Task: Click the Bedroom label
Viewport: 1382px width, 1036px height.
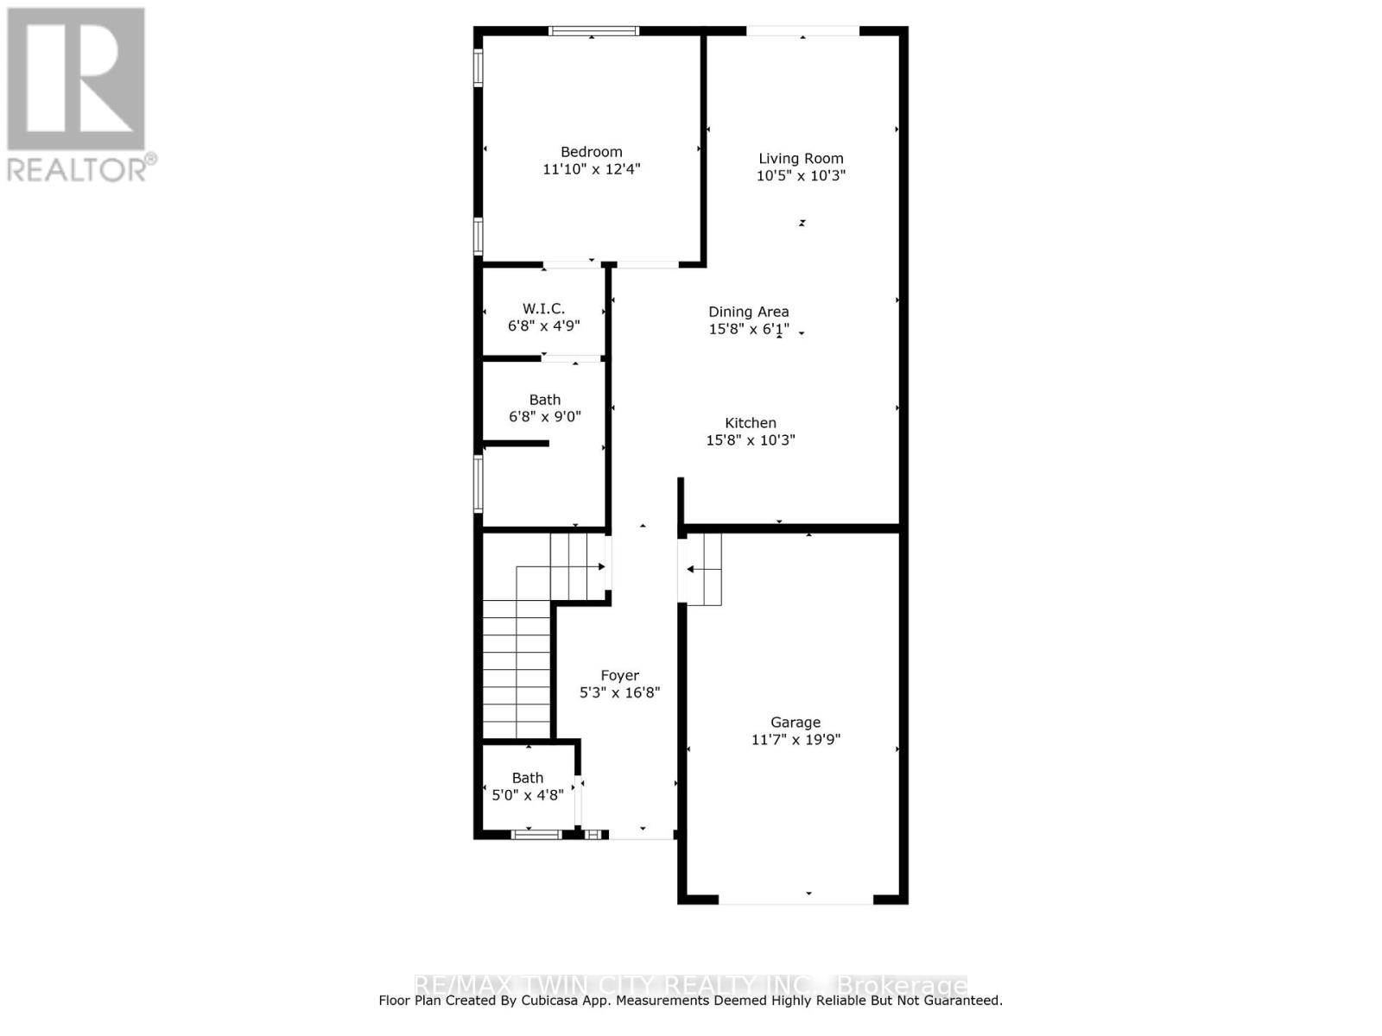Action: pos(591,152)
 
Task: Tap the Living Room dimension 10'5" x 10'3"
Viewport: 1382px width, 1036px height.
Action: pos(801,175)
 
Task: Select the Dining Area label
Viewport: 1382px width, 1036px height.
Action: pos(748,312)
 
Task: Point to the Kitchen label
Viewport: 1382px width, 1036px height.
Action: pos(750,423)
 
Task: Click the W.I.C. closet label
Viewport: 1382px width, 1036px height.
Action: pos(543,308)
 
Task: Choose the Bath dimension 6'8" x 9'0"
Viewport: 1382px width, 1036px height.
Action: pos(544,417)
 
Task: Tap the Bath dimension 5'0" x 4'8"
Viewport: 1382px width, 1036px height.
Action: pos(527,795)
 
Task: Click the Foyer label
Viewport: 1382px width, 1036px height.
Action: pos(619,676)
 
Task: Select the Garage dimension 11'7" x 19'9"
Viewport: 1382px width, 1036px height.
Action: pos(796,740)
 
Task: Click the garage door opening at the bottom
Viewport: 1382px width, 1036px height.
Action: pos(796,900)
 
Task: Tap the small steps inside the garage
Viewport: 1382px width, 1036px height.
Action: pos(701,569)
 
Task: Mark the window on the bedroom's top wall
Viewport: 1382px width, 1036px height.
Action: pos(593,31)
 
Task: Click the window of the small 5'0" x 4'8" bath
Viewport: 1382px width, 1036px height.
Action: pos(536,834)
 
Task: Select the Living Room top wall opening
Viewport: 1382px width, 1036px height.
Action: pos(802,31)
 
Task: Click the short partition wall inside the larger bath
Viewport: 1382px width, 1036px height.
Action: pos(516,444)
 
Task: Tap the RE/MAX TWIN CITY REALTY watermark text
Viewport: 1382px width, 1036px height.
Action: pos(691,985)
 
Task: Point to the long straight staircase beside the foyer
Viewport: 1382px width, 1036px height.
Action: pos(516,669)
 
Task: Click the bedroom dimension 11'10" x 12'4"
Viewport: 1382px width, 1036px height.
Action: pos(591,169)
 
